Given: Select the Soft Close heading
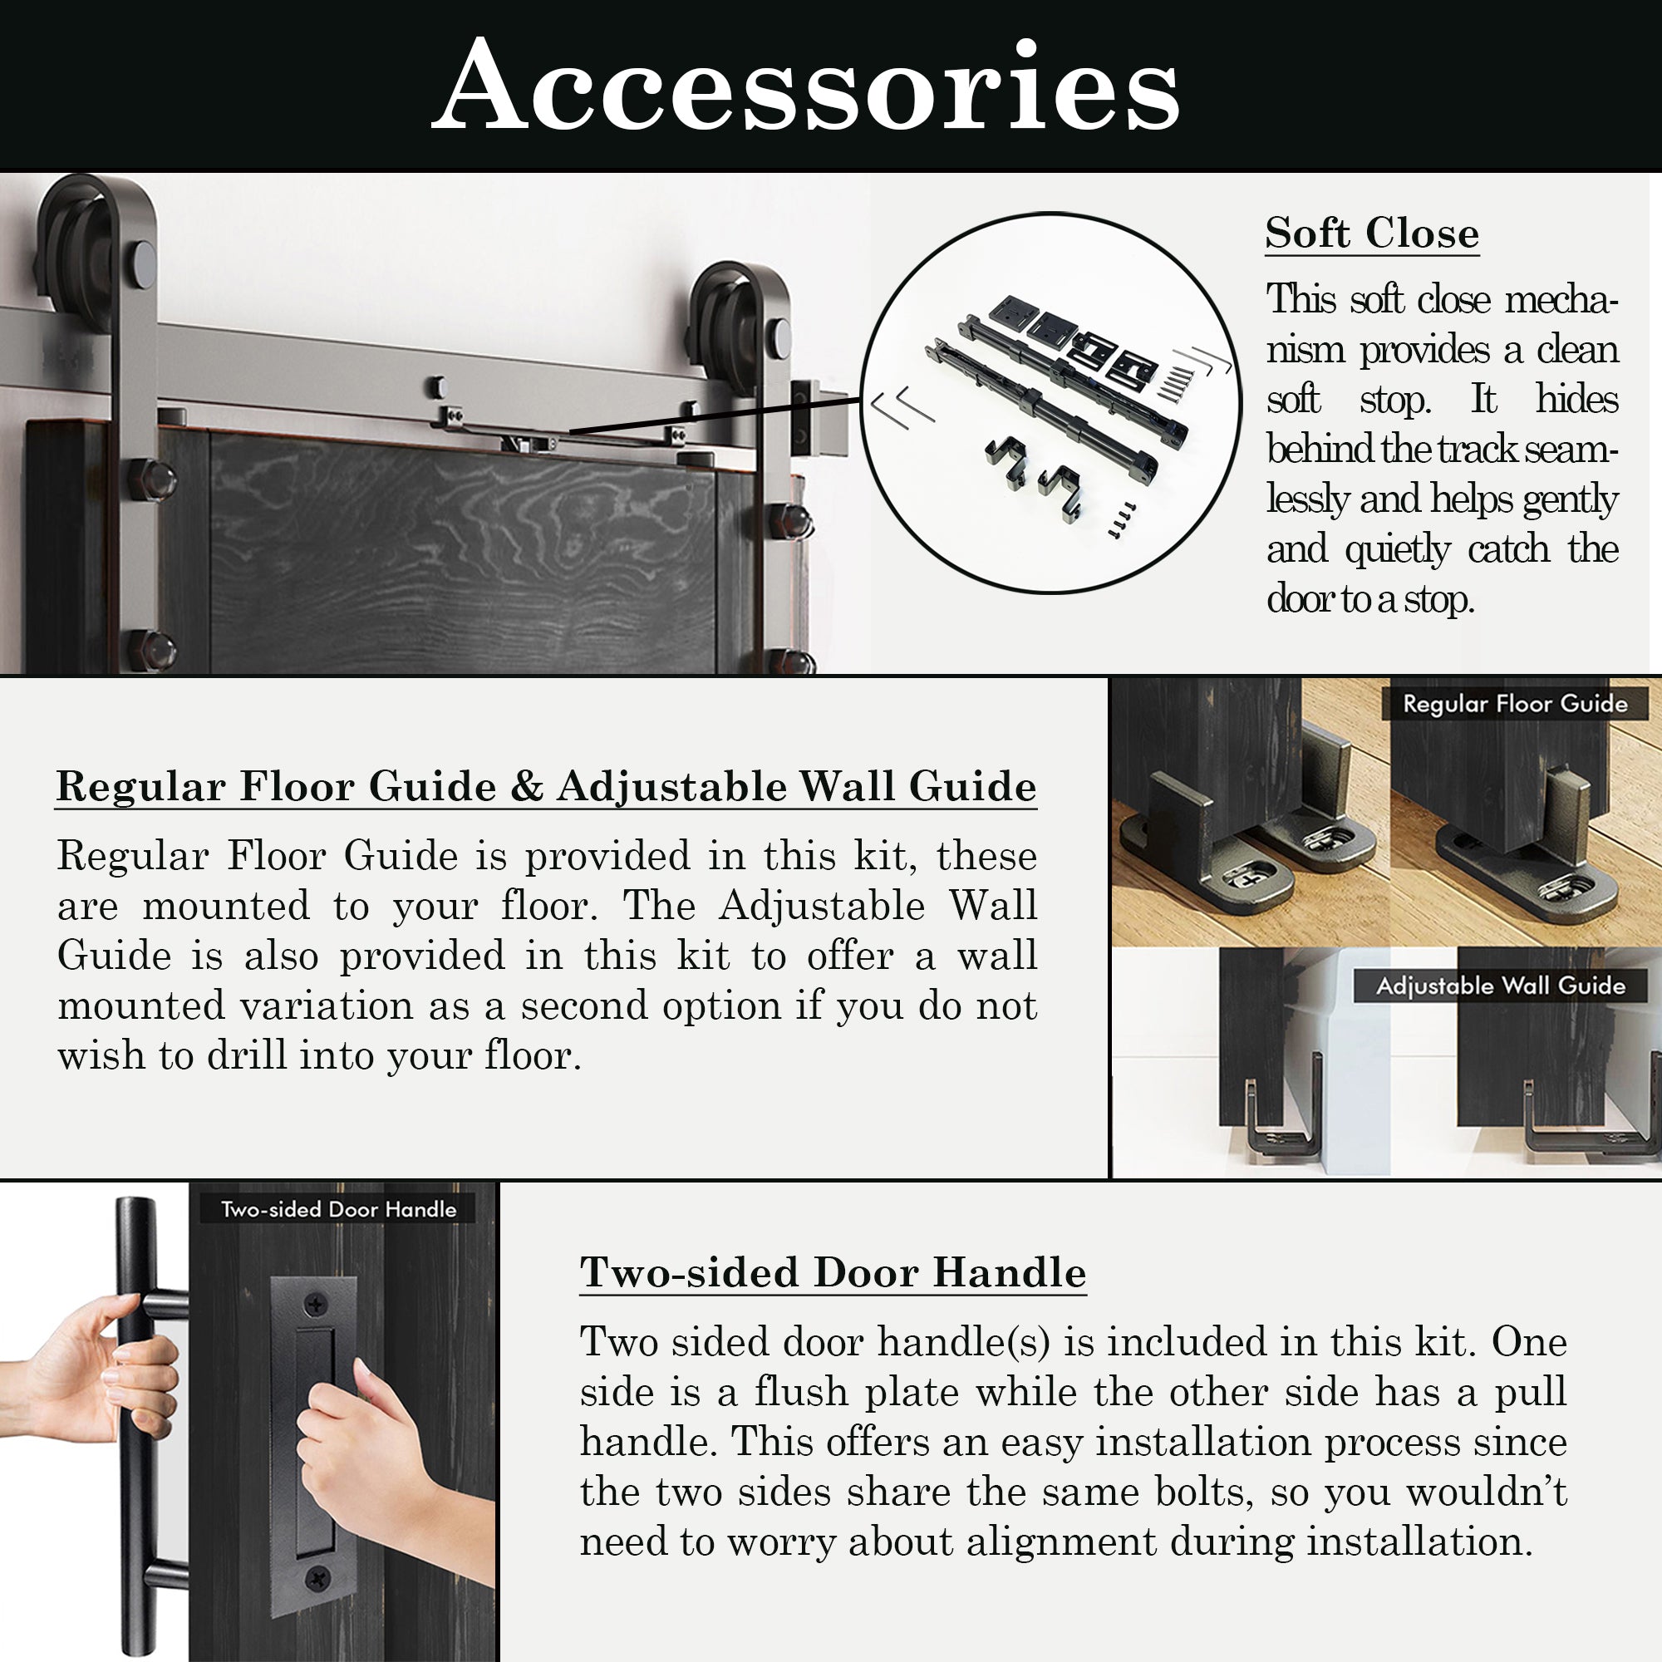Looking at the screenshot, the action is point(1372,234).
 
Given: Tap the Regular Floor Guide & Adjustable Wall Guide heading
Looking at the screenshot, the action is point(546,786).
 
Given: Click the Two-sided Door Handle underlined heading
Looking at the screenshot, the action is point(833,1272).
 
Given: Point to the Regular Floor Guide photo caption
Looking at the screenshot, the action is point(1515,704).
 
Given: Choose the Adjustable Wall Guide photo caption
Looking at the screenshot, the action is point(1501,985).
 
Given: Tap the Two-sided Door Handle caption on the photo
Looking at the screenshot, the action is point(338,1208).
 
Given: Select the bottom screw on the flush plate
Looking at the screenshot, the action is point(317,1579).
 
